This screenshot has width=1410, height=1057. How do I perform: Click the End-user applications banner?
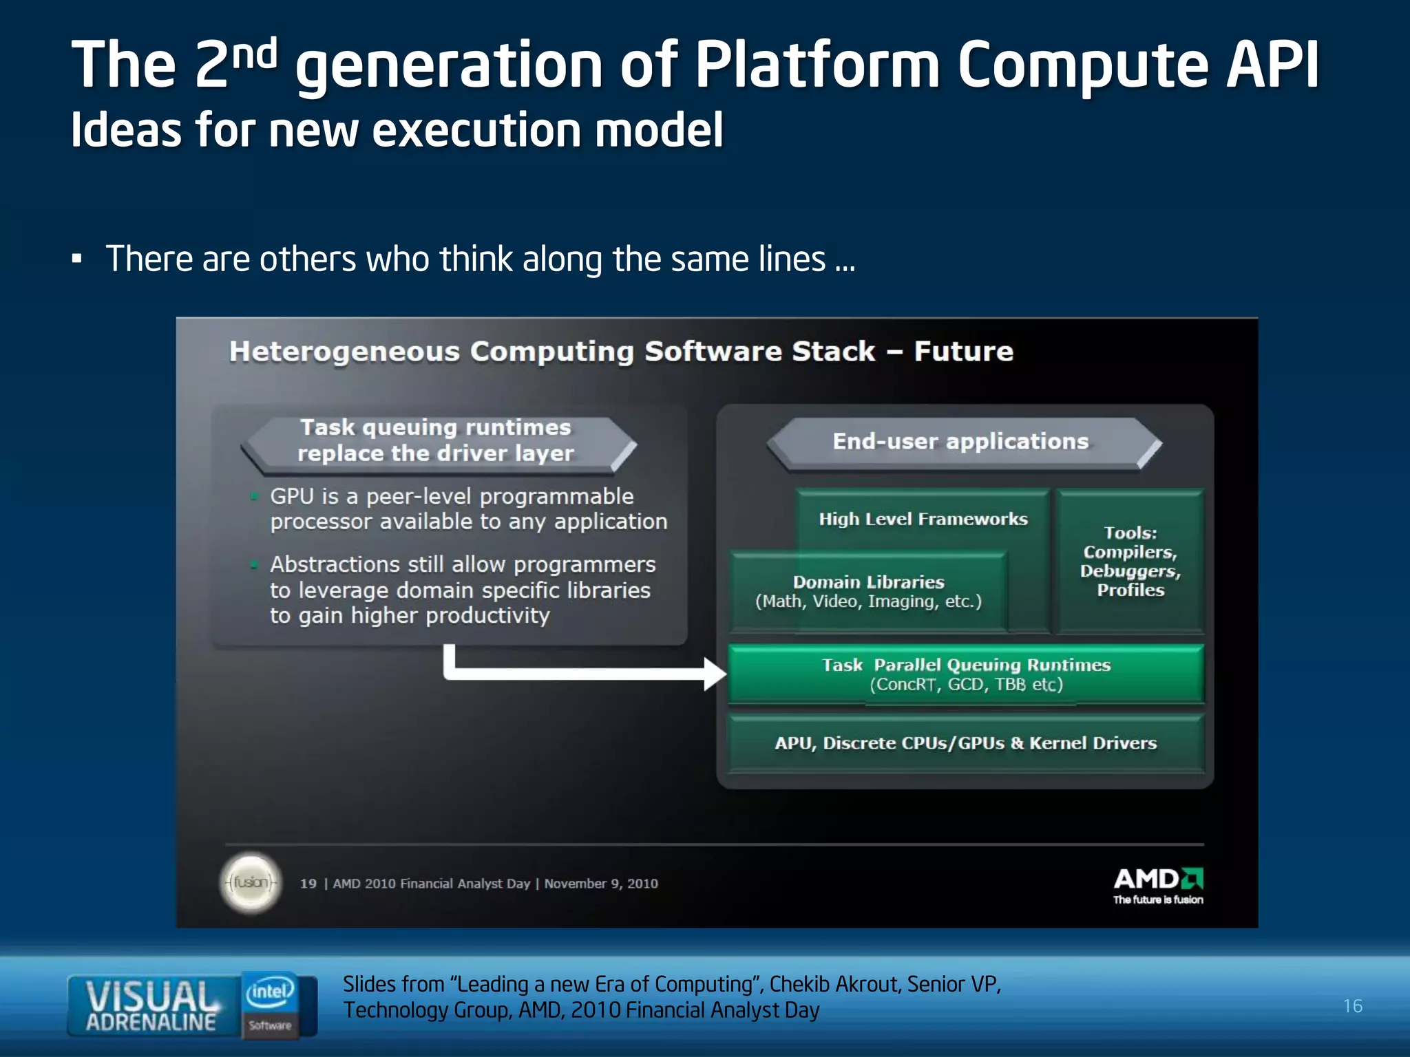coord(961,442)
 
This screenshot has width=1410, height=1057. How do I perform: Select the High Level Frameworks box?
coord(923,519)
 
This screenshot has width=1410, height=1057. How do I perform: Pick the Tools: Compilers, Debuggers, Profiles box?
coord(1130,561)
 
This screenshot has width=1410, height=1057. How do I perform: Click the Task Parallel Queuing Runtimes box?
coord(965,674)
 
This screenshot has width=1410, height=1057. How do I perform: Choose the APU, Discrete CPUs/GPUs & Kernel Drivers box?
coord(965,743)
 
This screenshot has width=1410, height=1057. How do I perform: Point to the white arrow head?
coord(715,673)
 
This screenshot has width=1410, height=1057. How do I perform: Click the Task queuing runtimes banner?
coord(436,441)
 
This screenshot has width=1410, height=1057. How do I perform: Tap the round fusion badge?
coord(251,883)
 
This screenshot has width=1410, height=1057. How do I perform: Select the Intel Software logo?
coord(271,1004)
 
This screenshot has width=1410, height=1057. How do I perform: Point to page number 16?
coord(1352,1006)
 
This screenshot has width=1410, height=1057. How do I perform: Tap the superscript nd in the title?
coord(255,54)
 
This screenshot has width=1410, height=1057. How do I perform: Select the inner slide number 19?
coord(308,884)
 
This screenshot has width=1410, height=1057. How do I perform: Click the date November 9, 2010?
coord(601,884)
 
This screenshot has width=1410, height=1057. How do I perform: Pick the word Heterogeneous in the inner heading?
coord(344,352)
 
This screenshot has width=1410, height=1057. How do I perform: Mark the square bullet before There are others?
coord(77,260)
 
